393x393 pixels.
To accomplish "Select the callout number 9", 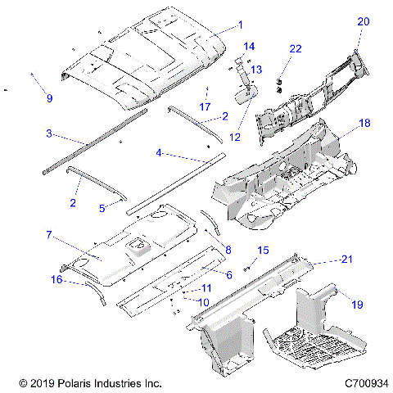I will (x=49, y=98).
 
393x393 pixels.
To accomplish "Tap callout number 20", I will (x=364, y=22).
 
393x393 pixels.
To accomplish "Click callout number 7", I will (x=50, y=235).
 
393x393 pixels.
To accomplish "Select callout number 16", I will (x=56, y=280).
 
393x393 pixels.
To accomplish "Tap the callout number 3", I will (x=49, y=133).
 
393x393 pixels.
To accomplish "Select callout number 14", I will (x=249, y=46).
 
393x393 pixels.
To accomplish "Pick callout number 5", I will (x=102, y=208).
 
